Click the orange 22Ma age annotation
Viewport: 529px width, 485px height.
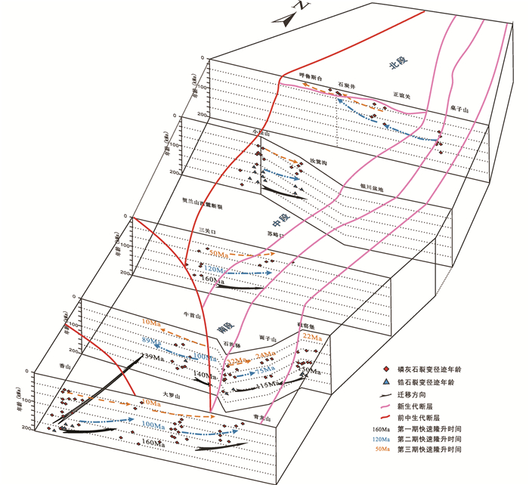[x=311, y=336]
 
